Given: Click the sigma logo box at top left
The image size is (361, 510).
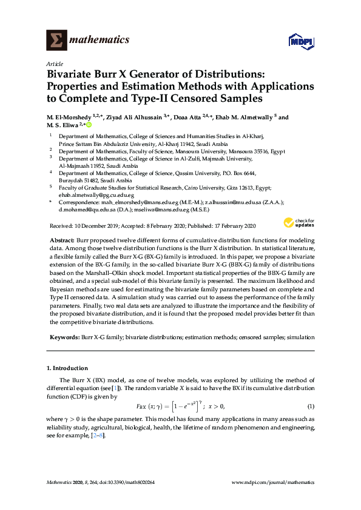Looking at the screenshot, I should pyautogui.click(x=56, y=40).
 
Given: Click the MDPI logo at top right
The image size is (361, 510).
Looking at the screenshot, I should pyautogui.click(x=302, y=41).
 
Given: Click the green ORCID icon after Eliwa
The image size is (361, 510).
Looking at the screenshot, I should pyautogui.click(x=89, y=125).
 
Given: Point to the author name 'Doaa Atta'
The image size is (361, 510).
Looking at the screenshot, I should pyautogui.click(x=192, y=117).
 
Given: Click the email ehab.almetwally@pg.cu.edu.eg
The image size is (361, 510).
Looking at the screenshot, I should pyautogui.click(x=91, y=196).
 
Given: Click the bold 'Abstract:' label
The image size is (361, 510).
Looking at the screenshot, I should pyautogui.click(x=62, y=240).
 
